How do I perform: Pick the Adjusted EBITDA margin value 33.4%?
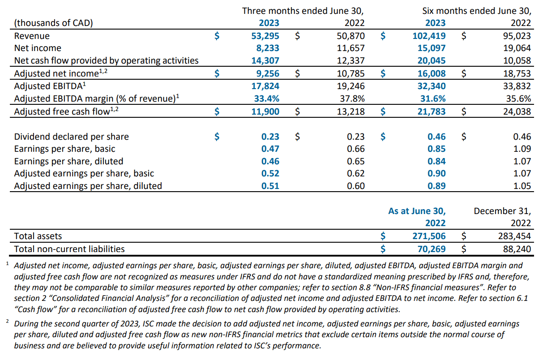click(266, 99)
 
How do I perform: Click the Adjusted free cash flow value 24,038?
click(517, 111)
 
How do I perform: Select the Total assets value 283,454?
click(514, 236)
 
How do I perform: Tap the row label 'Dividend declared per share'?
click(72, 137)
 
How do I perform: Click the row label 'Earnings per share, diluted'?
click(69, 161)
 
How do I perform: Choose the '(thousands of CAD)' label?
click(54, 23)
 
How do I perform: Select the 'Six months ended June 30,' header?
click(477, 11)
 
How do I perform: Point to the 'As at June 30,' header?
click(417, 211)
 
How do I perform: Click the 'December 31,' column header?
click(502, 211)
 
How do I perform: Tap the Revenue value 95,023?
click(517, 36)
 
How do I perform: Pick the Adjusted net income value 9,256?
click(267, 73)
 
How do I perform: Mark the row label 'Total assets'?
click(38, 236)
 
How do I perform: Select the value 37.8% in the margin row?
click(352, 99)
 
